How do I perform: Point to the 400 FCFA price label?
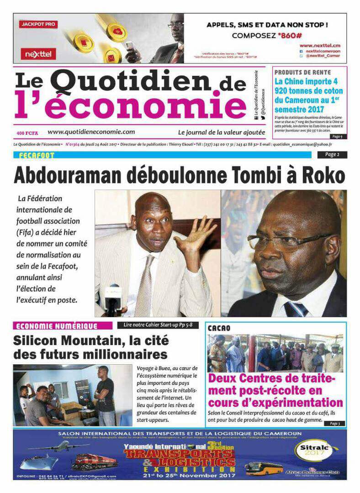pyautogui.click(x=26, y=133)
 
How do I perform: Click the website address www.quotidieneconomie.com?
pyautogui.click(x=91, y=132)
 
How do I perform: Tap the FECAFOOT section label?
pyautogui.click(x=37, y=155)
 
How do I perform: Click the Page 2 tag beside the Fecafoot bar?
pyautogui.click(x=332, y=155)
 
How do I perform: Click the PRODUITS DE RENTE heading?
pyautogui.click(x=302, y=72)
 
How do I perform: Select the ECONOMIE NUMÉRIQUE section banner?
pyautogui.click(x=57, y=326)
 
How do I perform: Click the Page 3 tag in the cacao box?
pyautogui.click(x=335, y=423)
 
